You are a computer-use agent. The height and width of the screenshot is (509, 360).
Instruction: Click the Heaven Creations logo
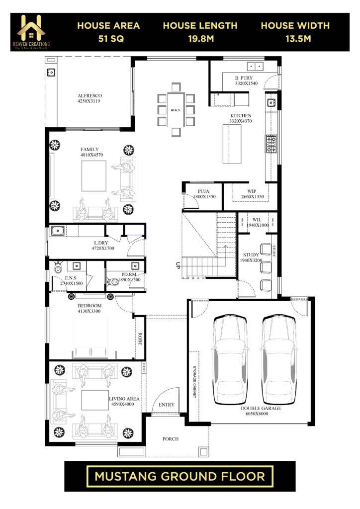[33, 32]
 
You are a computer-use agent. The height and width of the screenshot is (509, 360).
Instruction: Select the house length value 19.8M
[200, 38]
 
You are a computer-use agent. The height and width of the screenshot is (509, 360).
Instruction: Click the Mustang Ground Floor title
[180, 476]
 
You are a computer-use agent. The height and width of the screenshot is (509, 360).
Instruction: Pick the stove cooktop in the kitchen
[272, 144]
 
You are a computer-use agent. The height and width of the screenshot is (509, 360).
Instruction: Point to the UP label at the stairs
[177, 265]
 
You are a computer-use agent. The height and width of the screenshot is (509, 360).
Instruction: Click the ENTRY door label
[166, 405]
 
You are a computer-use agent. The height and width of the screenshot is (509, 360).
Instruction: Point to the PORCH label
[171, 439]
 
